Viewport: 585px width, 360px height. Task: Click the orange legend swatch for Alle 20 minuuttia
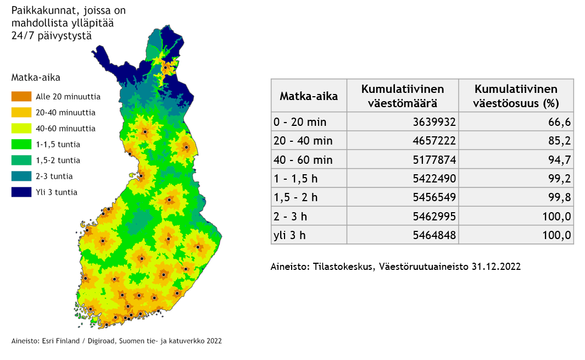(21, 97)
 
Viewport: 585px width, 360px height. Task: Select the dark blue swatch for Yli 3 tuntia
(21, 192)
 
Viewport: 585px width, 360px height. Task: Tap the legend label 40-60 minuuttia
(65, 129)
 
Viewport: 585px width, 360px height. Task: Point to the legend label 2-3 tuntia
(54, 176)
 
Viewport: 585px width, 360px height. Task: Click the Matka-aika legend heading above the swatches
(36, 77)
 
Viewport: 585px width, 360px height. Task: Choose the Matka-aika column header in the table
(309, 96)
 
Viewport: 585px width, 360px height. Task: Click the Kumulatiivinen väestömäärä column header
(402, 96)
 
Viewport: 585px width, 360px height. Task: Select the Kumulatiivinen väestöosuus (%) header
(516, 96)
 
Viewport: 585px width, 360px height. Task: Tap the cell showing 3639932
(434, 121)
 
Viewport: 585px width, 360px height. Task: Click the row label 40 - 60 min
(303, 159)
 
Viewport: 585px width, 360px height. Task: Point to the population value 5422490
(434, 179)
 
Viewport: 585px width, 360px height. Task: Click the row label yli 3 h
(289, 235)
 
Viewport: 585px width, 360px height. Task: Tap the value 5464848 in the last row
(434, 235)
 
